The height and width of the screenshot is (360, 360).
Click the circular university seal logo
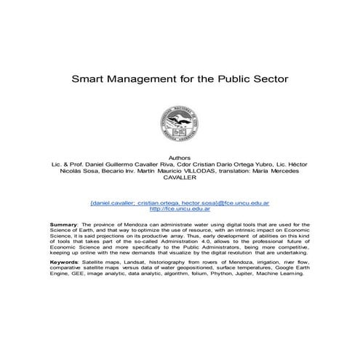click(180, 121)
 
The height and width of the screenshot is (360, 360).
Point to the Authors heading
click(180, 156)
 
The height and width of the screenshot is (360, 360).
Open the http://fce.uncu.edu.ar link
click(180, 208)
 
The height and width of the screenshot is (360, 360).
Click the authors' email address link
click(180, 201)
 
